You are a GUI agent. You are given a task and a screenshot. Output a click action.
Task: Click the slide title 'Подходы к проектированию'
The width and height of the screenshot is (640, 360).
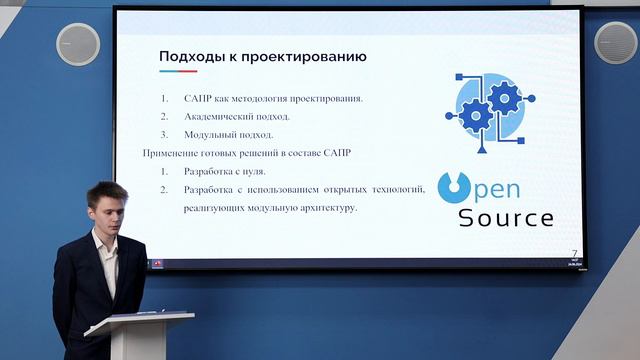click(x=263, y=57)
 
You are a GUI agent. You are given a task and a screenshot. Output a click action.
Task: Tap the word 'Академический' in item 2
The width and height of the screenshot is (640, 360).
click(x=219, y=116)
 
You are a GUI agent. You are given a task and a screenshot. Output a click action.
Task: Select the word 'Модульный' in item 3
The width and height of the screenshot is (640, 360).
click(x=209, y=134)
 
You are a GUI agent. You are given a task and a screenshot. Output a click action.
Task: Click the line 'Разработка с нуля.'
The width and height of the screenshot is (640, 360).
click(x=224, y=171)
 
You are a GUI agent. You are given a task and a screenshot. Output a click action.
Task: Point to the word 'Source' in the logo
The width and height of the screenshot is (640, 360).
click(x=505, y=217)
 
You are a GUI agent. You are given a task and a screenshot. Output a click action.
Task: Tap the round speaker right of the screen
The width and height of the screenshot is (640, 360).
click(x=615, y=42)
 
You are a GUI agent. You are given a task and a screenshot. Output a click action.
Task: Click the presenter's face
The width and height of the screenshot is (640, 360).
click(x=107, y=211)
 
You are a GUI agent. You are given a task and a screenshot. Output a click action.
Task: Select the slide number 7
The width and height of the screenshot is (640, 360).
click(x=574, y=253)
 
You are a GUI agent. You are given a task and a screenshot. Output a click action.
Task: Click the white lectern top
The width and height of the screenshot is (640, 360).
click(x=140, y=323)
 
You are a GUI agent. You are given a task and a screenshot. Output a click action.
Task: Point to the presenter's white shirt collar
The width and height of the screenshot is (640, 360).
click(x=103, y=240)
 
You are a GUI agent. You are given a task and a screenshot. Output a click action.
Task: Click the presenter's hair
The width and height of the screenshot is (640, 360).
click(x=104, y=190)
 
